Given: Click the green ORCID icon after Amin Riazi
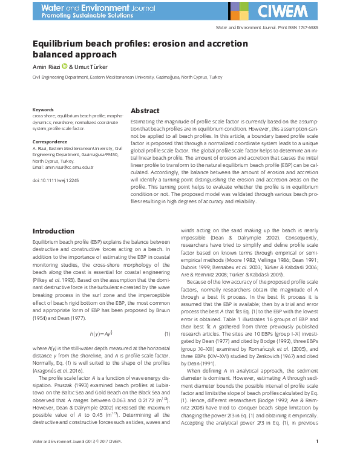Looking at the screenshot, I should pos(64,67).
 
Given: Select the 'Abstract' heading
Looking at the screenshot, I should pos(145,111).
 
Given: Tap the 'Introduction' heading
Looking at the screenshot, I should pos(53,231).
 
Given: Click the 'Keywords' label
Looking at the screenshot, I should pos(43,109).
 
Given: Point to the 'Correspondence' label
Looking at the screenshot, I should pos(49,142).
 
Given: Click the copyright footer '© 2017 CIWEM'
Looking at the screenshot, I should pos(105,458).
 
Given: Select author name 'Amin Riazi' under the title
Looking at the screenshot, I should pos(47,67).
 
